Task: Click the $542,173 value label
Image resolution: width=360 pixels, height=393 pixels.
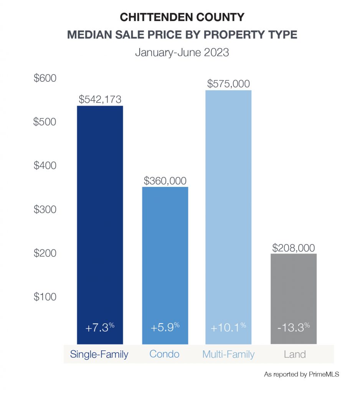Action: pos(100,99)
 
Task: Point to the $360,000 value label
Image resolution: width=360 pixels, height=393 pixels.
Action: pos(165,180)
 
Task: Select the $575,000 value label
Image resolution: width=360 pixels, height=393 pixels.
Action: pos(228,84)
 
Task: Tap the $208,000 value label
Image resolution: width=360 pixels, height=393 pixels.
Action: pos(294,248)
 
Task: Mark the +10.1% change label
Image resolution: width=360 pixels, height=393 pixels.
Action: pos(228,328)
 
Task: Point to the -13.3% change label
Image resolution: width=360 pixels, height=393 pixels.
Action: pos(294,328)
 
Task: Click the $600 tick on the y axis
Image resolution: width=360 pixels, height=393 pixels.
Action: pos(45,78)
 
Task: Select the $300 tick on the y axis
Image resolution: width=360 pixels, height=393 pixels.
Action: pos(45,210)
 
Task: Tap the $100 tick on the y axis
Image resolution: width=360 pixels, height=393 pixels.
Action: pos(45,297)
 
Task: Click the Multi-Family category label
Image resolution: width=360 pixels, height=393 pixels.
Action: pos(228,354)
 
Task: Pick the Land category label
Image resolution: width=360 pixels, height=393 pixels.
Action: pos(295,354)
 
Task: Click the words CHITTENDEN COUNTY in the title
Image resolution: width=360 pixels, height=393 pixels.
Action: pos(182,17)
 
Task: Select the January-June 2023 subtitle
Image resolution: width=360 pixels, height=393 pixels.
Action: pos(182,52)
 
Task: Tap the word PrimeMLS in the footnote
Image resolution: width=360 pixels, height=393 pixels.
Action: pos(323,374)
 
